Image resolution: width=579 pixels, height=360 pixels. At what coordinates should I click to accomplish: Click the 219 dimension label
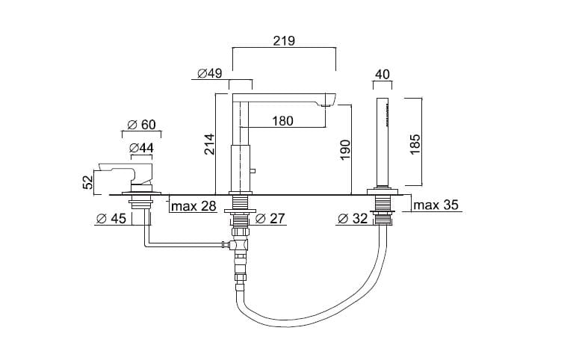[284, 40]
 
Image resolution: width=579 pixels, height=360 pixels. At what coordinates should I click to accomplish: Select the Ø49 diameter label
[209, 73]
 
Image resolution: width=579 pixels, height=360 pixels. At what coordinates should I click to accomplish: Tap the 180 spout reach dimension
[282, 121]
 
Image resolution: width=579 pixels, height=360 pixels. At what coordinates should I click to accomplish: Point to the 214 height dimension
[209, 144]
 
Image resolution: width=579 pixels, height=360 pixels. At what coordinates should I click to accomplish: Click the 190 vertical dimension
[345, 149]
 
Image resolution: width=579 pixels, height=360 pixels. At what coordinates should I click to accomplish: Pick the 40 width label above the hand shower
[383, 74]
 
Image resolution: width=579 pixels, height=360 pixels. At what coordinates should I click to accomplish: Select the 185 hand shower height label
[415, 144]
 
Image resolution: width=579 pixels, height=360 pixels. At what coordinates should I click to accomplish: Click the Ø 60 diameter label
[141, 125]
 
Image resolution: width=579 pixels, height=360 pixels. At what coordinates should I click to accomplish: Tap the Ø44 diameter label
[141, 148]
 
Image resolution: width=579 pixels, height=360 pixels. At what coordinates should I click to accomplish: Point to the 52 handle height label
[88, 182]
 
